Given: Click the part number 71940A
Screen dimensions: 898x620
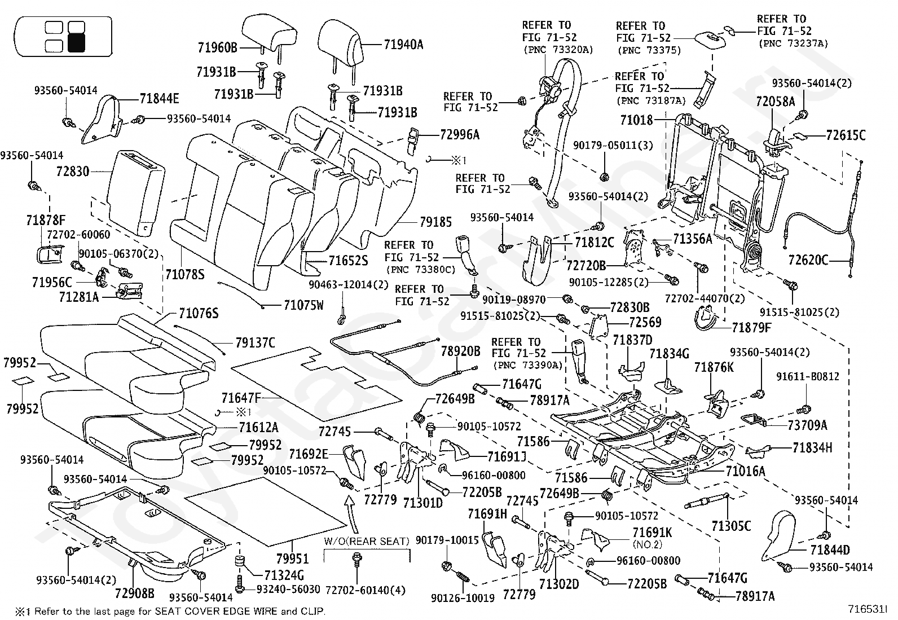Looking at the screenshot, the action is click(403, 45).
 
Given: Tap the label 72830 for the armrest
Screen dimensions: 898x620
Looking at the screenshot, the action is click(73, 172).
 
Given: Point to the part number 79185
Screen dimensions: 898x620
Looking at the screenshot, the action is click(436, 222).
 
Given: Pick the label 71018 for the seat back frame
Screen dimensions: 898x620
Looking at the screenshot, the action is click(637, 120).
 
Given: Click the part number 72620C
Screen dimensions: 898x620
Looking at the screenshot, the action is click(808, 260).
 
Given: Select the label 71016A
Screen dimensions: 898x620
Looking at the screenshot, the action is click(745, 471).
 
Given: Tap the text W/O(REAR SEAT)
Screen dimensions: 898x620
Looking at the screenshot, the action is click(367, 542).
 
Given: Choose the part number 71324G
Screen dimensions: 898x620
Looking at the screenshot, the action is click(284, 575).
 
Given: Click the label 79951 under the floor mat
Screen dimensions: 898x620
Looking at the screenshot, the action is click(293, 559).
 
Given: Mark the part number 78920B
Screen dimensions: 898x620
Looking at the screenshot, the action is click(461, 351).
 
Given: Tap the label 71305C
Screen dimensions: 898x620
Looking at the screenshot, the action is click(731, 526).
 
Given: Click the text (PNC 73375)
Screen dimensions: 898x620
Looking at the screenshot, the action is click(649, 51).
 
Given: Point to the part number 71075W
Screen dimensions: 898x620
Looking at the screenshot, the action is click(303, 305).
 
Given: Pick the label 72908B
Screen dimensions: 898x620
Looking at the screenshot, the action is click(135, 593).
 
